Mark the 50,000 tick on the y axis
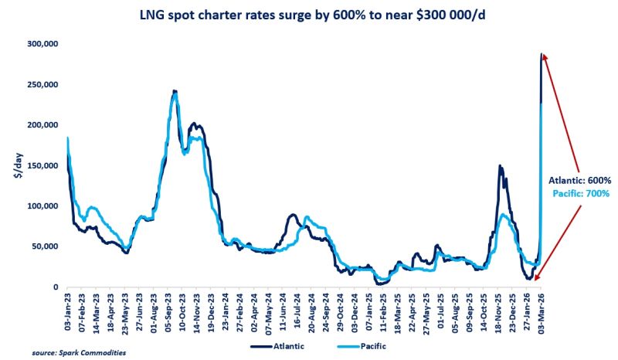tap(45, 246)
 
